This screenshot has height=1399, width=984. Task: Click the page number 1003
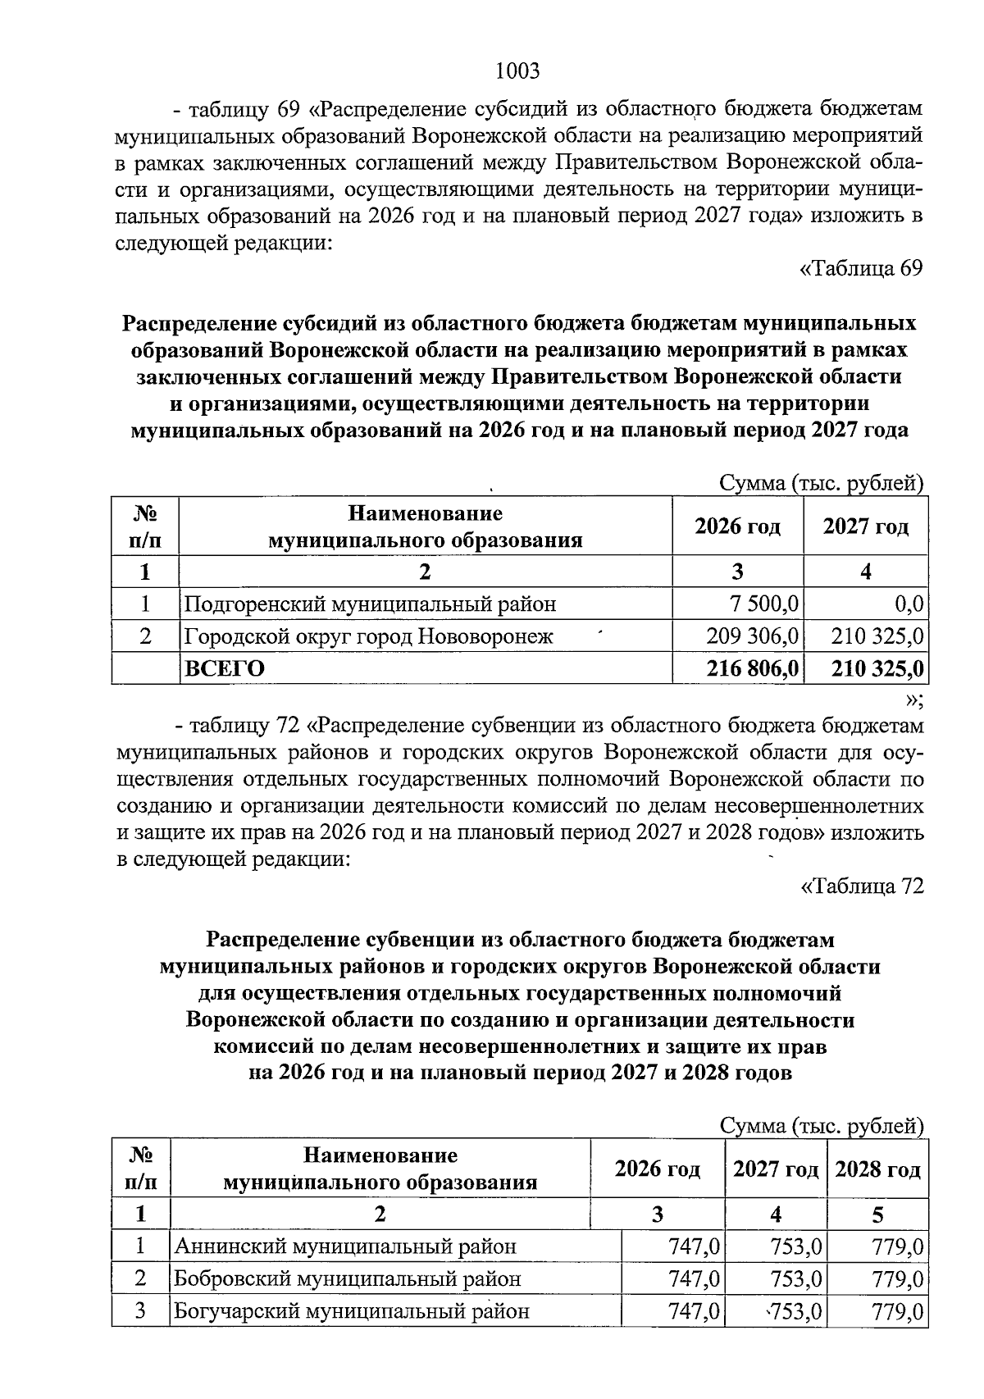pos(518,71)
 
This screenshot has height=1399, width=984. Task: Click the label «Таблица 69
pos(861,269)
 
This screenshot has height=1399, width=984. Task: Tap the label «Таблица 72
pos(861,886)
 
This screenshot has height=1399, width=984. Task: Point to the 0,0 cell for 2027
pos(909,605)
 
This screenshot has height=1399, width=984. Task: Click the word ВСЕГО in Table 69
pos(224,669)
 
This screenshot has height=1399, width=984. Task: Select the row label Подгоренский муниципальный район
pos(370,605)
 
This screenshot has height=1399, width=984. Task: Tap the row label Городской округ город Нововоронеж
pos(368,636)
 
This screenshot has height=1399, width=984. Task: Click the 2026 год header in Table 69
pos(737,526)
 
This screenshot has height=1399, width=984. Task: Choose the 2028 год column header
pos(877,1169)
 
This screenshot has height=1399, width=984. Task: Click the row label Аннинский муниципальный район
pos(345,1247)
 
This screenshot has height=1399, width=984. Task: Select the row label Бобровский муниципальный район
pos(347,1278)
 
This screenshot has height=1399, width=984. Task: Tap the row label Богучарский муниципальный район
pos(351,1310)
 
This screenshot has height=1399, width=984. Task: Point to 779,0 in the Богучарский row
pos(898,1310)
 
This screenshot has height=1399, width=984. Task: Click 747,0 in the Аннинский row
pos(694,1247)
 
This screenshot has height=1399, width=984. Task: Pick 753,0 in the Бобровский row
pos(795,1278)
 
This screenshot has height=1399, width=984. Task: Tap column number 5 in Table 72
pos(877,1214)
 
